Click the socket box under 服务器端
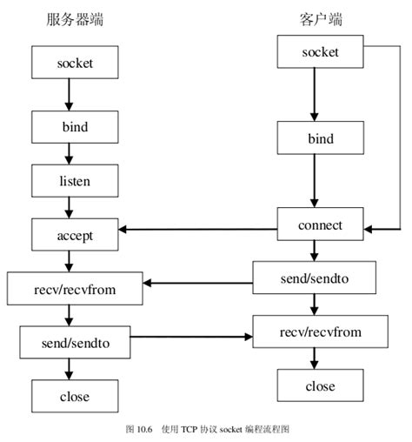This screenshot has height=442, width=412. [x=74, y=64]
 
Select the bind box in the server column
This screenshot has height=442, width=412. [x=74, y=127]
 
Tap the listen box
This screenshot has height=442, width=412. [x=74, y=181]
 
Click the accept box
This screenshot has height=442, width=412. [x=74, y=235]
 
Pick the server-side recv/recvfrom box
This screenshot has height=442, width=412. [x=74, y=288]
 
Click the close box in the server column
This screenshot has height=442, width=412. [x=74, y=396]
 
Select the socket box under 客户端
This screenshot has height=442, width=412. [x=319, y=53]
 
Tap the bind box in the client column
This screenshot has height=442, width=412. [x=319, y=138]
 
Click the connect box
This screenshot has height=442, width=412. [x=319, y=225]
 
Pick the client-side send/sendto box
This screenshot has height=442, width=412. [x=314, y=278]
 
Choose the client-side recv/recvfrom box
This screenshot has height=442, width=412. [x=319, y=331]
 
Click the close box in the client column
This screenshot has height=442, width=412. [x=319, y=385]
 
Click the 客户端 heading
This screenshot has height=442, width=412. [x=321, y=18]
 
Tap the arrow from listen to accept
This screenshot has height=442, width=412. [x=68, y=207]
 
